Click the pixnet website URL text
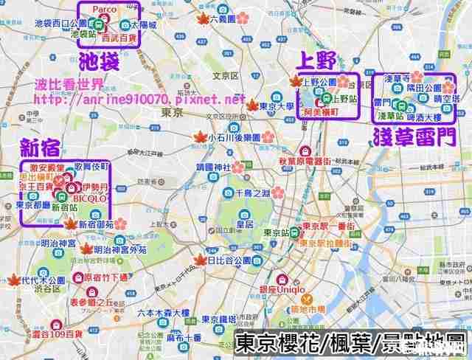(x=139, y=98)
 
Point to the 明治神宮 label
(x=59, y=243)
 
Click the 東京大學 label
(x=280, y=106)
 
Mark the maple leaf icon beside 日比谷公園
(x=199, y=260)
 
